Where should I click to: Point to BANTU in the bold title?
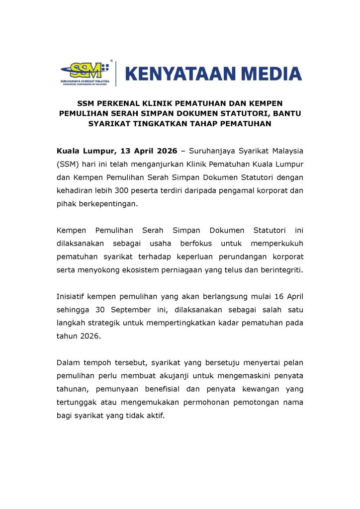click(x=287, y=113)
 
